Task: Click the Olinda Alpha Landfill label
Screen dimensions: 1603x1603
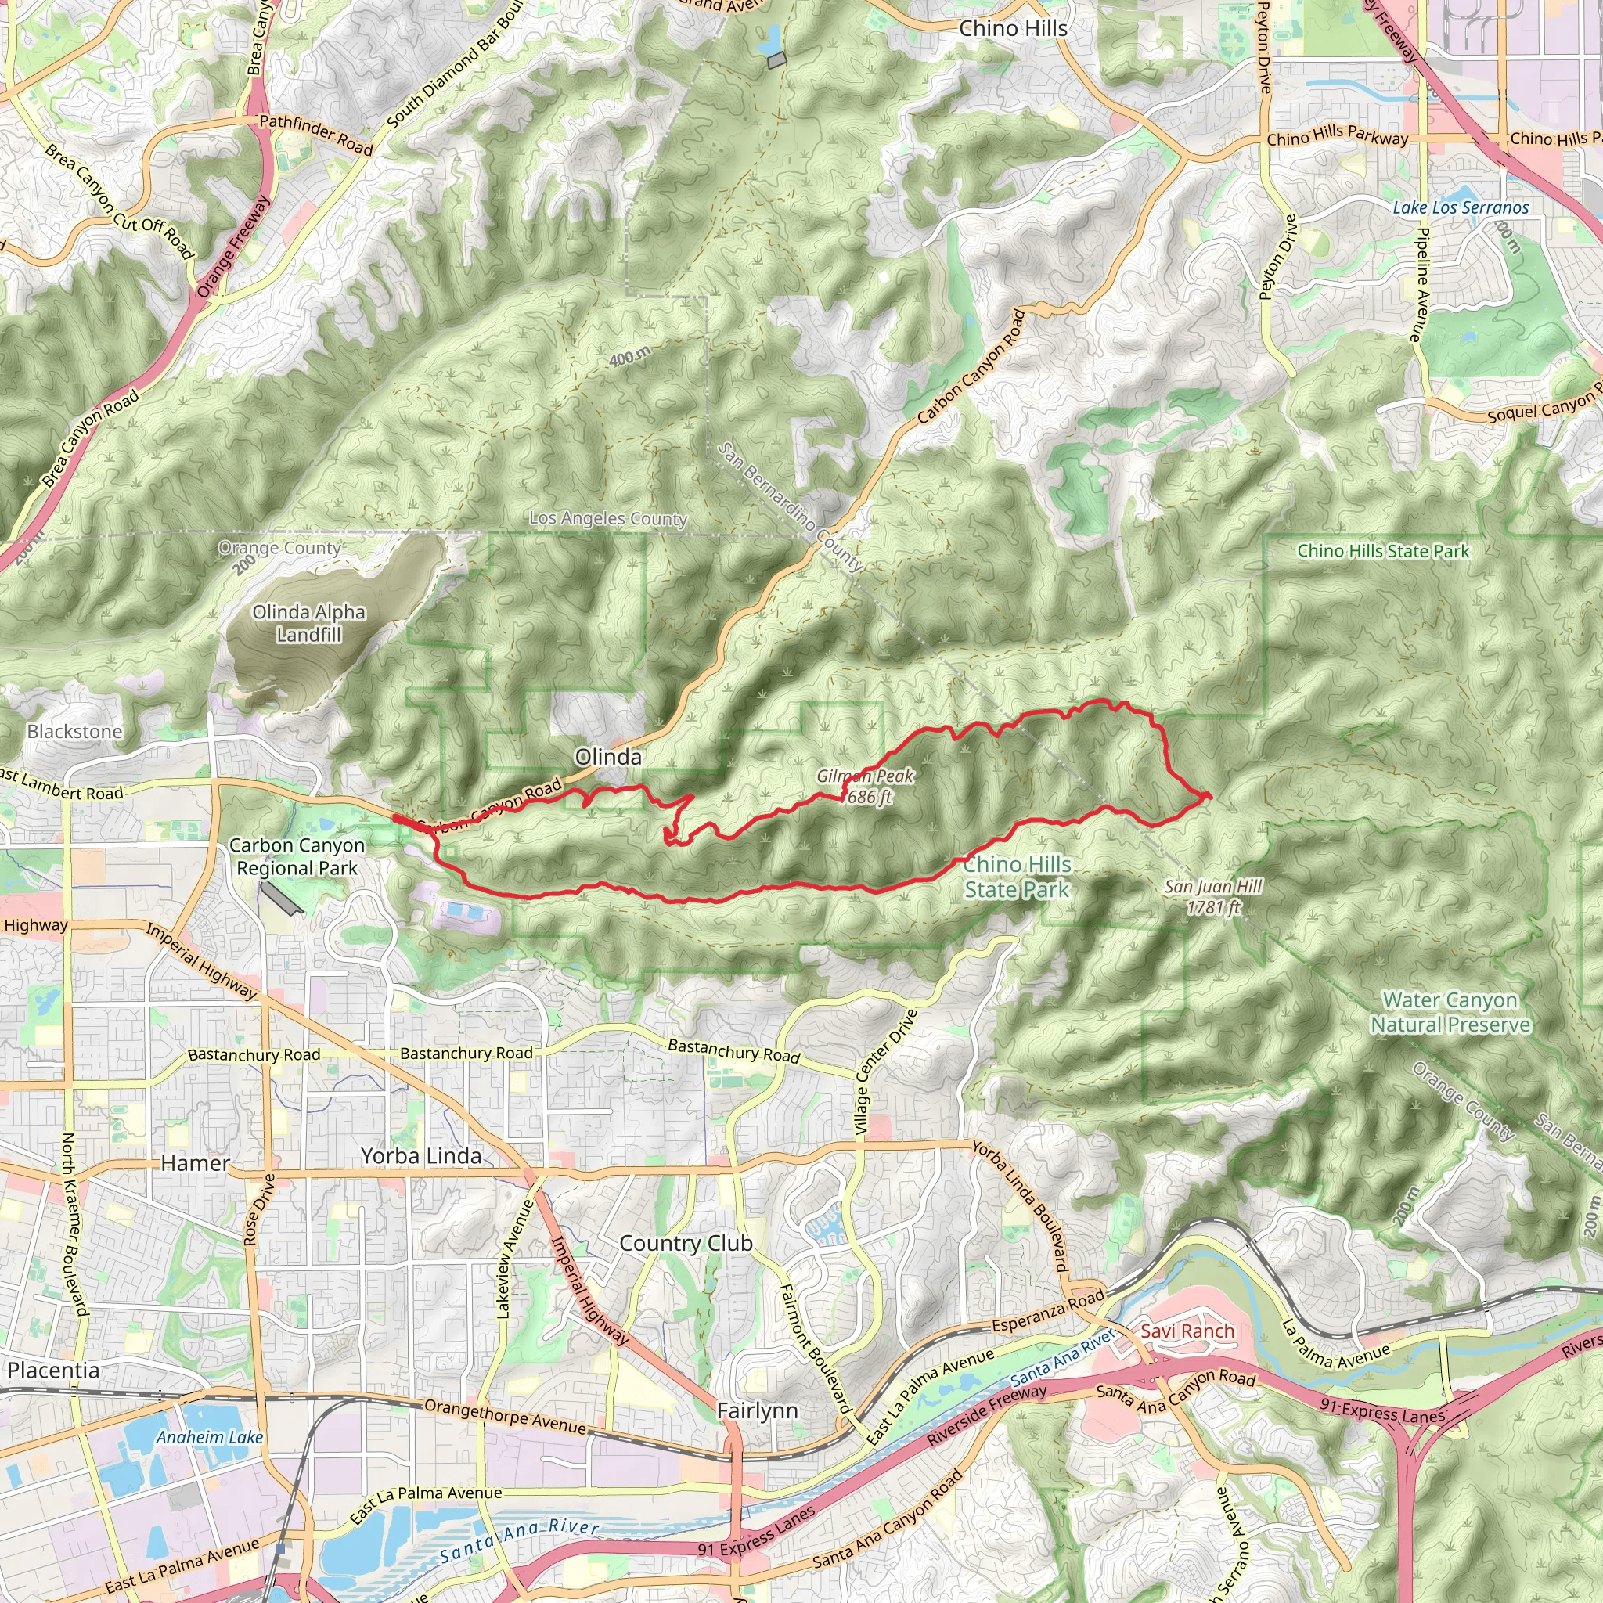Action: click(308, 623)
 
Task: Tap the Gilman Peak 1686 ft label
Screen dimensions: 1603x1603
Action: click(866, 787)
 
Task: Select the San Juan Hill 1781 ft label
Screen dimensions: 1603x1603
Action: click(1213, 897)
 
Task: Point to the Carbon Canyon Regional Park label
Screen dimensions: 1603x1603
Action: click(297, 856)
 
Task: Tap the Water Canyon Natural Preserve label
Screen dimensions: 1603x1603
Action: click(1450, 1012)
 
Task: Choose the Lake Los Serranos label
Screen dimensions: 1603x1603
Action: click(1461, 207)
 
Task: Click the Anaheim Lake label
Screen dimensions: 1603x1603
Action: click(210, 1437)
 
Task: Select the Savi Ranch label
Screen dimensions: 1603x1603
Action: click(1187, 1331)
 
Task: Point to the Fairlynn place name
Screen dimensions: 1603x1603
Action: click(757, 1410)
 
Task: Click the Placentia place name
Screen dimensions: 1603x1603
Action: click(54, 1370)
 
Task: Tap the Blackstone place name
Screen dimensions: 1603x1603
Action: click(74, 732)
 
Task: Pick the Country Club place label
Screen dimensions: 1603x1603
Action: click(686, 1243)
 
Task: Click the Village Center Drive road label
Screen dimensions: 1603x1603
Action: click(886, 1072)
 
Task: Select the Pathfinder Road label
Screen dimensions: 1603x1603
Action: click(316, 135)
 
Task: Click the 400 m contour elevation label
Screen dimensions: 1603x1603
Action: click(630, 358)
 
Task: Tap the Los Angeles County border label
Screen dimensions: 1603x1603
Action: click(608, 519)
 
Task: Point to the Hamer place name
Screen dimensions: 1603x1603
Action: click(195, 1163)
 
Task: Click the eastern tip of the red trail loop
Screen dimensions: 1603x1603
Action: click(1210, 796)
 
